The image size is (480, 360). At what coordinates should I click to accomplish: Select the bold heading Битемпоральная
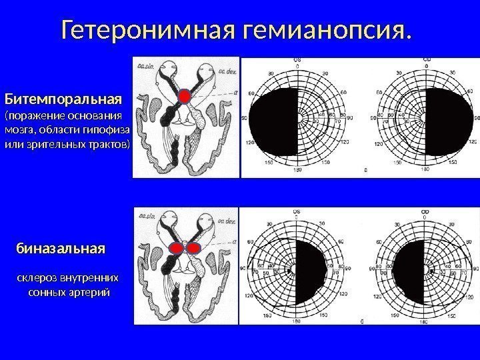tap(63, 99)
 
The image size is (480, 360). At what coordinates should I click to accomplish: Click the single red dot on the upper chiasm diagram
tap(184, 97)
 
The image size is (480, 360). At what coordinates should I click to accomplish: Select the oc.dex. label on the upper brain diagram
tap(223, 69)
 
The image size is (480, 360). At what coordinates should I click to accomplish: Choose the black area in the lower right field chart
tap(410, 270)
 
